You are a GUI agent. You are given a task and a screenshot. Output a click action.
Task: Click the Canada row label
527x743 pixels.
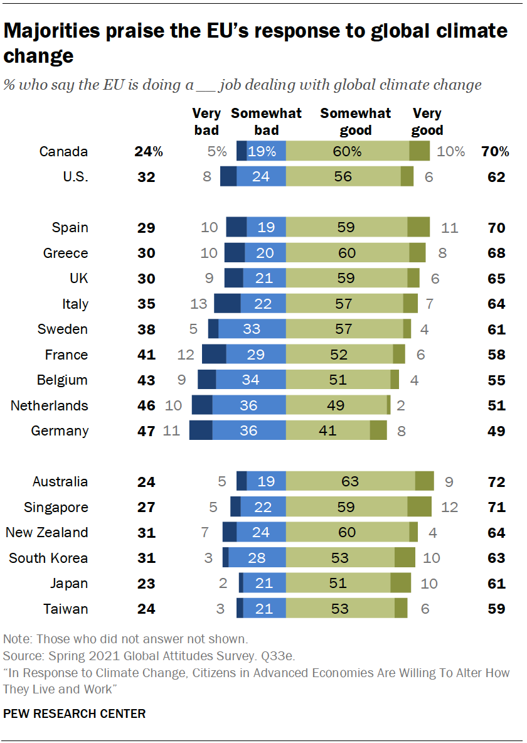(x=63, y=151)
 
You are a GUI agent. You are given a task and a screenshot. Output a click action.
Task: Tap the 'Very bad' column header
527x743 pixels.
(x=206, y=122)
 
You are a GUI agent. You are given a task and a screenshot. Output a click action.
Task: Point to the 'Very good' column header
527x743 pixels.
(x=427, y=122)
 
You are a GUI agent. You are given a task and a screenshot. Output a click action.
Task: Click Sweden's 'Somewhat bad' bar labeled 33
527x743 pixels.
(x=252, y=329)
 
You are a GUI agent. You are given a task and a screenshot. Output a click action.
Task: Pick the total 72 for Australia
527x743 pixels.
(x=496, y=482)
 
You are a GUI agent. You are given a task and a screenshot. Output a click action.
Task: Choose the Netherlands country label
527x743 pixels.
(x=50, y=405)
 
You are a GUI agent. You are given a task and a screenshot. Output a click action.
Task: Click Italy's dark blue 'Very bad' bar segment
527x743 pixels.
(x=227, y=304)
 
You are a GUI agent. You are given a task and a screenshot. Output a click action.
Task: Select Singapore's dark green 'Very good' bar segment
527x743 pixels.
(x=419, y=507)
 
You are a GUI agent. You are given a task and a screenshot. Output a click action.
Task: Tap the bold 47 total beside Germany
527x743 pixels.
(x=146, y=430)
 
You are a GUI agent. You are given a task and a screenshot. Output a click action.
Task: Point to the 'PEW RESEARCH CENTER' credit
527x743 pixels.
(x=75, y=714)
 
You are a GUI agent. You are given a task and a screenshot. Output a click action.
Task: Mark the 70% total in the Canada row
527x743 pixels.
(x=495, y=151)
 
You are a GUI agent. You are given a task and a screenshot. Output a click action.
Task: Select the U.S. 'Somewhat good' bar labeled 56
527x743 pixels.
(x=343, y=177)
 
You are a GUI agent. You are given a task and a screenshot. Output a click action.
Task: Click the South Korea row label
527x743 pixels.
(x=48, y=558)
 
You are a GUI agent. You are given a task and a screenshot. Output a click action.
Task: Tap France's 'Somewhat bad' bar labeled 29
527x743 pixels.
(x=256, y=355)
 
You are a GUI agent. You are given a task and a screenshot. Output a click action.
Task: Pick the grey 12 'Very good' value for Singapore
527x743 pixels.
(x=449, y=507)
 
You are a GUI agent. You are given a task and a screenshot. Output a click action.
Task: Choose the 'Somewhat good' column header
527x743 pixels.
(x=355, y=122)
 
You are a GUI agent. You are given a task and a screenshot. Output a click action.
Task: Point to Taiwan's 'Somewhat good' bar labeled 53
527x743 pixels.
(x=340, y=609)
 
